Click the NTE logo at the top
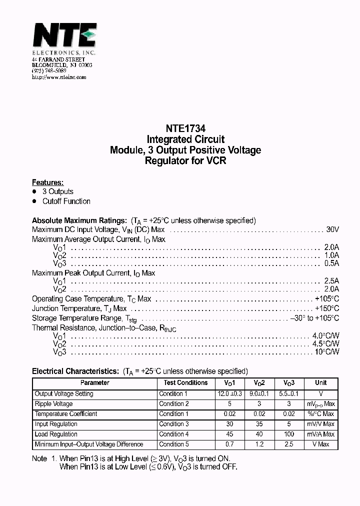[x=64, y=37]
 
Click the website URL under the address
[x=59, y=77]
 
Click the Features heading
[x=48, y=182]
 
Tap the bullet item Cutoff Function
[x=66, y=201]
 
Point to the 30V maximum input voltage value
[x=332, y=229]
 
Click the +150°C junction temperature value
[x=327, y=308]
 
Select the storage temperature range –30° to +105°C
[x=314, y=318]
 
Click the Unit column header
[x=320, y=383]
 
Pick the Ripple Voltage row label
[x=54, y=404]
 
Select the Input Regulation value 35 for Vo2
[x=259, y=424]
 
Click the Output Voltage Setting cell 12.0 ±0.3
[x=229, y=394]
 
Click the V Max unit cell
[x=320, y=444]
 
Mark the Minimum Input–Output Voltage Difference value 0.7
[x=229, y=444]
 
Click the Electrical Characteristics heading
[x=75, y=371]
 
